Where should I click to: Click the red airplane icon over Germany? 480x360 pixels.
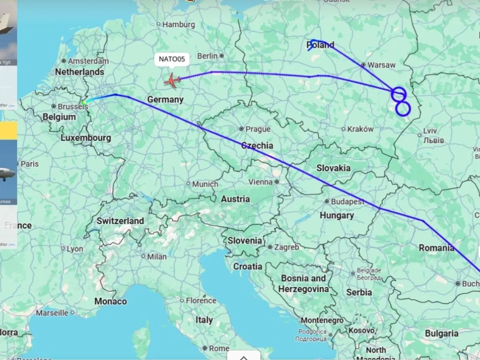[172, 81]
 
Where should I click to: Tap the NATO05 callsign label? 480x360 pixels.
[172, 59]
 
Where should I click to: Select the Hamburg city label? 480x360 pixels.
[178, 24]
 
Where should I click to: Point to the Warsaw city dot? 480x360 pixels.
[363, 64]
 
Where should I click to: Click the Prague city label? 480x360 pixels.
[258, 129]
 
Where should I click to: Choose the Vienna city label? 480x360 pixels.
[260, 182]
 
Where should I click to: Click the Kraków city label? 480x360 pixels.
[360, 129]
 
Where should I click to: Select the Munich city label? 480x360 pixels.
[205, 184]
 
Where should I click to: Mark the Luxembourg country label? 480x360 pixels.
[86, 138]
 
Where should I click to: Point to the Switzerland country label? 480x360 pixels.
[120, 221]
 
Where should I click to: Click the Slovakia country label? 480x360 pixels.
[334, 168]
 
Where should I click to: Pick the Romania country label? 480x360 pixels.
[436, 248]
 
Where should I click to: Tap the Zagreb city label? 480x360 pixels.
[286, 247]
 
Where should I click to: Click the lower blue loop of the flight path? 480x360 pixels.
[403, 108]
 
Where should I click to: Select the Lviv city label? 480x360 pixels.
[430, 131]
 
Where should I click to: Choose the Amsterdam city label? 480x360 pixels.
[88, 61]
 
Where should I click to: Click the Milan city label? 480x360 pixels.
[157, 257]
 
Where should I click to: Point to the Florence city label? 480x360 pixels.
[201, 300]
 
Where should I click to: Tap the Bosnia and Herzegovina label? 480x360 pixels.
[304, 283]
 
